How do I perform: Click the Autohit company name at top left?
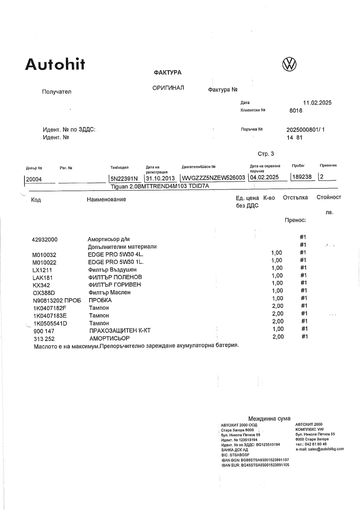click(54, 65)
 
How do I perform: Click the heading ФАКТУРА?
click(167, 72)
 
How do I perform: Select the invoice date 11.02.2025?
click(317, 103)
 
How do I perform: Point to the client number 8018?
click(296, 110)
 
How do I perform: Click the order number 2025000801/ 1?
click(305, 129)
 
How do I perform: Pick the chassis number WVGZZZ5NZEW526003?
click(213, 178)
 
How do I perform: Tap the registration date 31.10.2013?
click(159, 178)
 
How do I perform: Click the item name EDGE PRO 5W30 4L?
click(116, 255)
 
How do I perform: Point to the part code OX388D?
click(44, 293)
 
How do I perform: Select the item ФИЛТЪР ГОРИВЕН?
click(115, 285)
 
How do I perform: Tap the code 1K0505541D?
click(50, 323)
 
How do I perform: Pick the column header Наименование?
click(106, 199)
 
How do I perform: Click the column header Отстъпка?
click(295, 198)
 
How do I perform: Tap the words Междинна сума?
click(269, 419)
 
